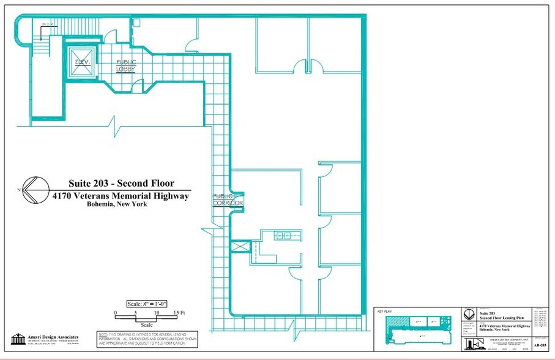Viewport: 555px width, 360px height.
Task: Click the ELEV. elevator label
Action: (83, 62)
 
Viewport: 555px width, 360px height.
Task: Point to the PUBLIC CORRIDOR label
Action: (228, 200)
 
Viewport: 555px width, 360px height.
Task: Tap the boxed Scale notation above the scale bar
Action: (147, 303)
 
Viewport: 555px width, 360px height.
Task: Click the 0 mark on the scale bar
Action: (116, 312)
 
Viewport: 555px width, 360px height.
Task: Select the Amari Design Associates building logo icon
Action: (18, 339)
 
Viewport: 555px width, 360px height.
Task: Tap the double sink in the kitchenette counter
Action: (283, 235)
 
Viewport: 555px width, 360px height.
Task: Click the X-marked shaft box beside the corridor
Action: (239, 247)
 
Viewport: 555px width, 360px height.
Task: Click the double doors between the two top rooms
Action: (308, 65)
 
